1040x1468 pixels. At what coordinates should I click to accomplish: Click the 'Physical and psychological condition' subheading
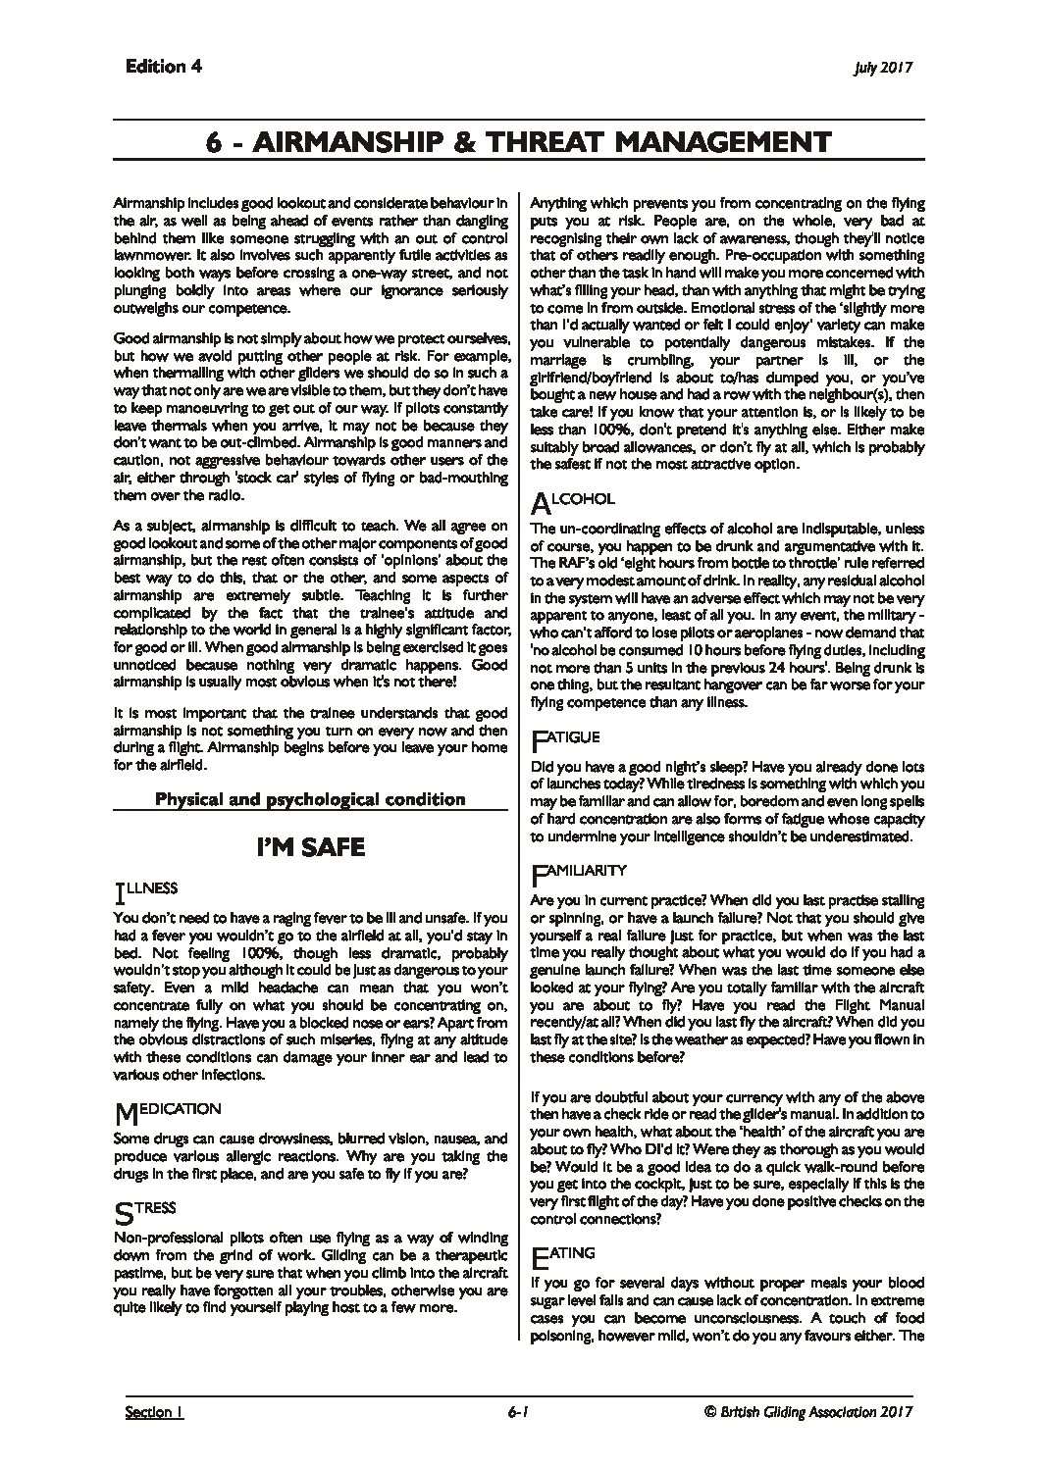point(310,798)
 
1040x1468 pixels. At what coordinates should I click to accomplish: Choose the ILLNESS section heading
point(146,889)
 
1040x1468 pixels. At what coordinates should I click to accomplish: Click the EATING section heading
point(567,1254)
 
